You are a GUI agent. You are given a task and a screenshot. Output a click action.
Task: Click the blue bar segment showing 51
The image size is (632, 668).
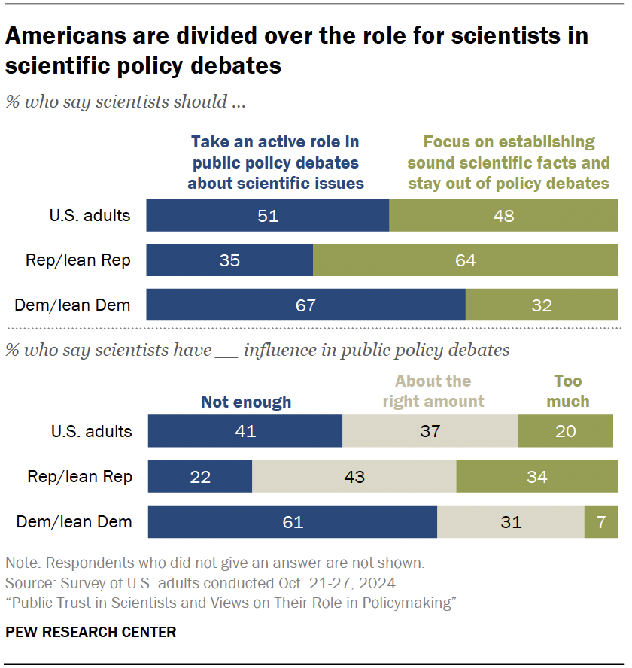pos(267,216)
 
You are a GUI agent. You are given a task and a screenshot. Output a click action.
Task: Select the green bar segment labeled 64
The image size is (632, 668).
pos(465,260)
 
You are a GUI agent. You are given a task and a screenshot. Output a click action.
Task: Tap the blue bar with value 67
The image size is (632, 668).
pos(305,305)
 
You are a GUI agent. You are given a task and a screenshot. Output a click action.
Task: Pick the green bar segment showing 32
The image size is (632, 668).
pos(541,305)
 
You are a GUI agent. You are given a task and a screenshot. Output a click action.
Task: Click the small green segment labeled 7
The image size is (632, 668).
pos(600,521)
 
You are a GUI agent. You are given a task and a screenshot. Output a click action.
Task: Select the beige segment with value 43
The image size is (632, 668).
pos(354,477)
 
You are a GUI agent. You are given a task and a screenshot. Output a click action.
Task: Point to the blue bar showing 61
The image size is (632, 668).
pos(292,521)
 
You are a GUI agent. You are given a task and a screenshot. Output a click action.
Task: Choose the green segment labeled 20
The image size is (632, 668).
pos(565,431)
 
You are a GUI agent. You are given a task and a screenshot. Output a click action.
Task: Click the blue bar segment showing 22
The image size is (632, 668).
pos(199,477)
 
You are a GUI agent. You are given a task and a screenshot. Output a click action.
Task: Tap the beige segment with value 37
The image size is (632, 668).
pos(430,431)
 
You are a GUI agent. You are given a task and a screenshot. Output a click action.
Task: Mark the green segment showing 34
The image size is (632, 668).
pos(536,477)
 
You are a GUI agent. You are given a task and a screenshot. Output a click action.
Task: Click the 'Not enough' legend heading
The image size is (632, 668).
pos(245,402)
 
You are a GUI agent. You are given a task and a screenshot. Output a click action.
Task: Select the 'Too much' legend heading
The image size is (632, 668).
pos(568,391)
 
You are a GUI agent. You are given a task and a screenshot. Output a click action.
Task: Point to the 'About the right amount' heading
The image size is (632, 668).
pos(433,391)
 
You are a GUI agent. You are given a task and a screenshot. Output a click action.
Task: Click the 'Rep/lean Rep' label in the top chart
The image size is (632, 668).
pos(79,260)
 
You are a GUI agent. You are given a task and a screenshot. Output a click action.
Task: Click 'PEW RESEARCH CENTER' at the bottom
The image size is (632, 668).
pos(90,632)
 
